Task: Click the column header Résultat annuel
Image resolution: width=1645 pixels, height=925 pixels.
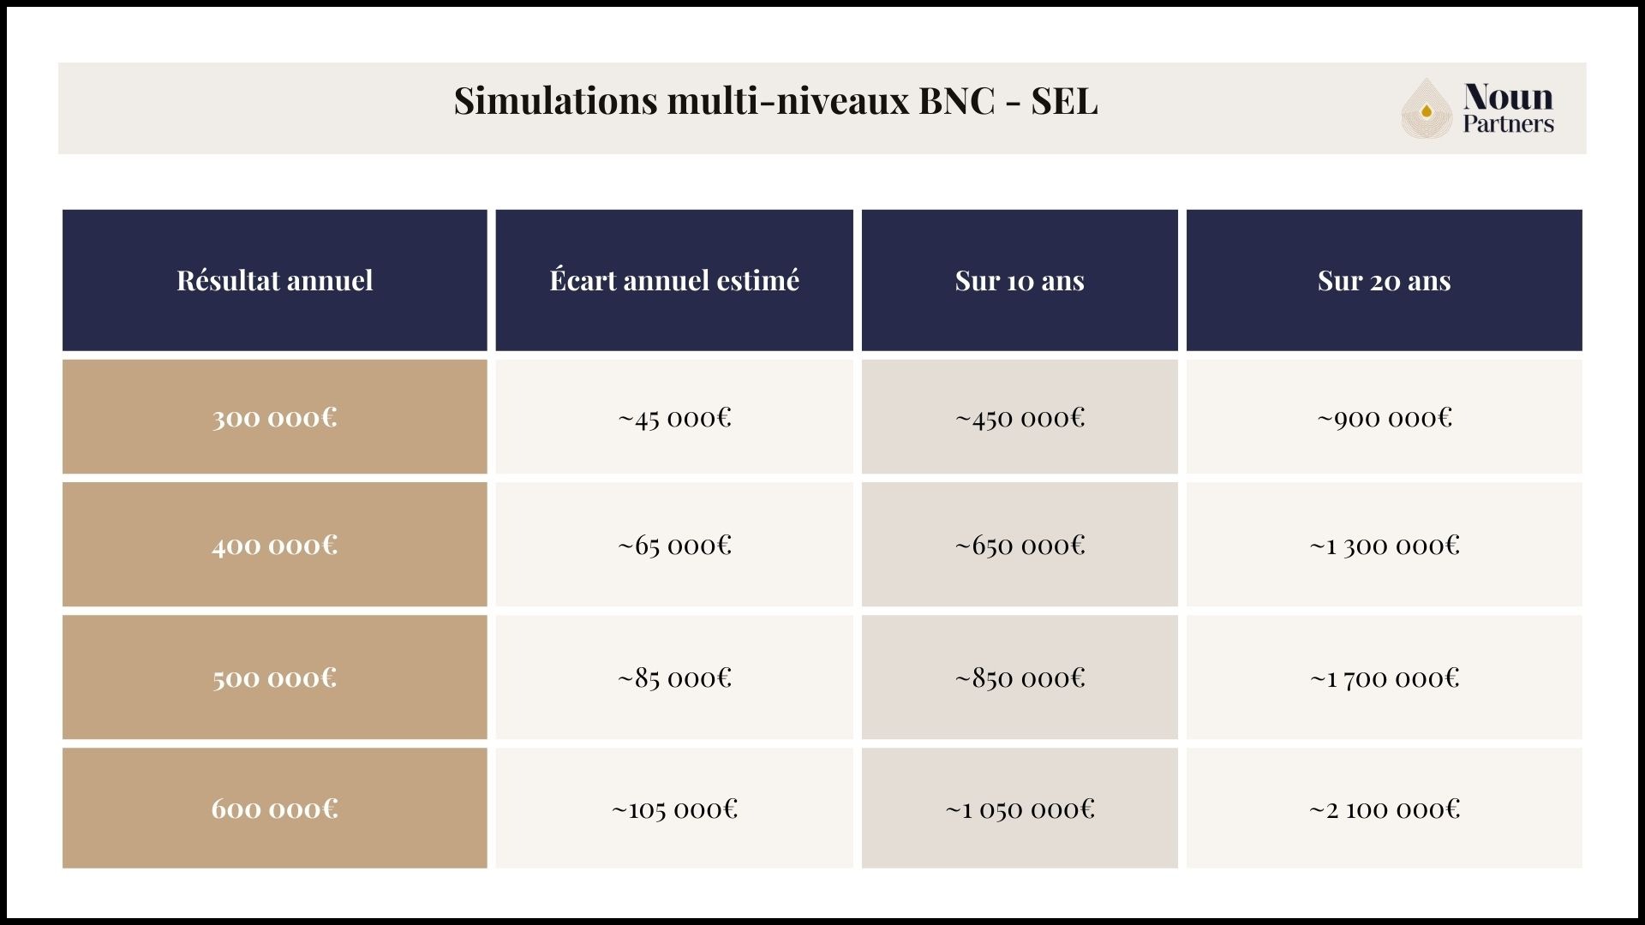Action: pyautogui.click(x=274, y=281)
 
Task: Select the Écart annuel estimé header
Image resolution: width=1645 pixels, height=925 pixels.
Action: pyautogui.click(x=674, y=281)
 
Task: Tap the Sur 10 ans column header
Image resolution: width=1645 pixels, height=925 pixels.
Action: pyautogui.click(x=1020, y=281)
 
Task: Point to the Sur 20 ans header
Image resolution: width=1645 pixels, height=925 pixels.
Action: pyautogui.click(x=1384, y=281)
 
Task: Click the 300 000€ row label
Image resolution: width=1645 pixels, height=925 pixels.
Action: pyautogui.click(x=274, y=418)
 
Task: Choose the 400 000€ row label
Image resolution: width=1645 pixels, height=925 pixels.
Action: pyautogui.click(x=274, y=546)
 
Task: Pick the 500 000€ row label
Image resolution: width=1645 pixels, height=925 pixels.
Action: pyautogui.click(x=274, y=678)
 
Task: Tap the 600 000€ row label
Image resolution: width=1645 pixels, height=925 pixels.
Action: pyautogui.click(x=274, y=809)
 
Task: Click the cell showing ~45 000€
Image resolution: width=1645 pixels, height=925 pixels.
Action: pyautogui.click(x=674, y=418)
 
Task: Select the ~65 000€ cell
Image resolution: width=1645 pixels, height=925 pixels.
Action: pyautogui.click(x=674, y=546)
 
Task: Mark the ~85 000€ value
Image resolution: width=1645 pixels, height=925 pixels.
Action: pyautogui.click(x=674, y=678)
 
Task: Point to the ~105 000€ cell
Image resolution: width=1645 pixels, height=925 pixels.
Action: pyautogui.click(x=674, y=809)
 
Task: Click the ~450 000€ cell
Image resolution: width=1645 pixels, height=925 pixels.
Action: pyautogui.click(x=1020, y=418)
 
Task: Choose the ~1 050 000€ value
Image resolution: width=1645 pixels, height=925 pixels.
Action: pyautogui.click(x=1020, y=809)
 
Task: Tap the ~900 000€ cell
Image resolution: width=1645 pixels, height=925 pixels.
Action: pyautogui.click(x=1384, y=418)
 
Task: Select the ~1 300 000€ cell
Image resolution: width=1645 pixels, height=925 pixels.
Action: pyautogui.click(x=1384, y=546)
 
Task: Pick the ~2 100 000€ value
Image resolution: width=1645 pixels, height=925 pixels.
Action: pyautogui.click(x=1384, y=809)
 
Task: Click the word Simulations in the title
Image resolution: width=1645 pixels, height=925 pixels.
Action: pyautogui.click(x=555, y=101)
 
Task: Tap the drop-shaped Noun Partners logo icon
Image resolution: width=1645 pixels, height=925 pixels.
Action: pyautogui.click(x=1427, y=109)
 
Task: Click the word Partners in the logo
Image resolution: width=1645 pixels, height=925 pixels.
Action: pyautogui.click(x=1508, y=124)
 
